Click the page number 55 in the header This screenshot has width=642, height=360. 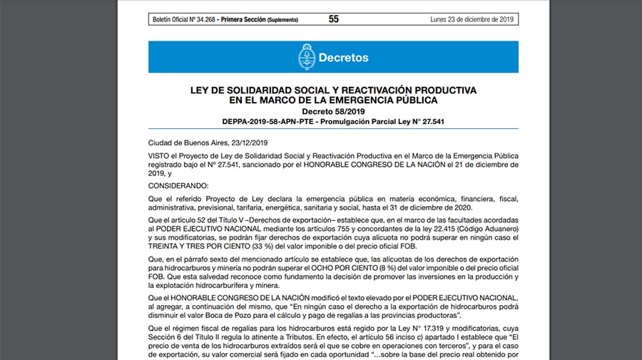334,19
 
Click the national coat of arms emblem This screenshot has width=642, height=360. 307,57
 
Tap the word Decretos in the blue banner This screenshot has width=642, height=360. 344,57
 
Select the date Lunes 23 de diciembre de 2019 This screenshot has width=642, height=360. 472,19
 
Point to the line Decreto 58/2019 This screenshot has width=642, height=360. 333,112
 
